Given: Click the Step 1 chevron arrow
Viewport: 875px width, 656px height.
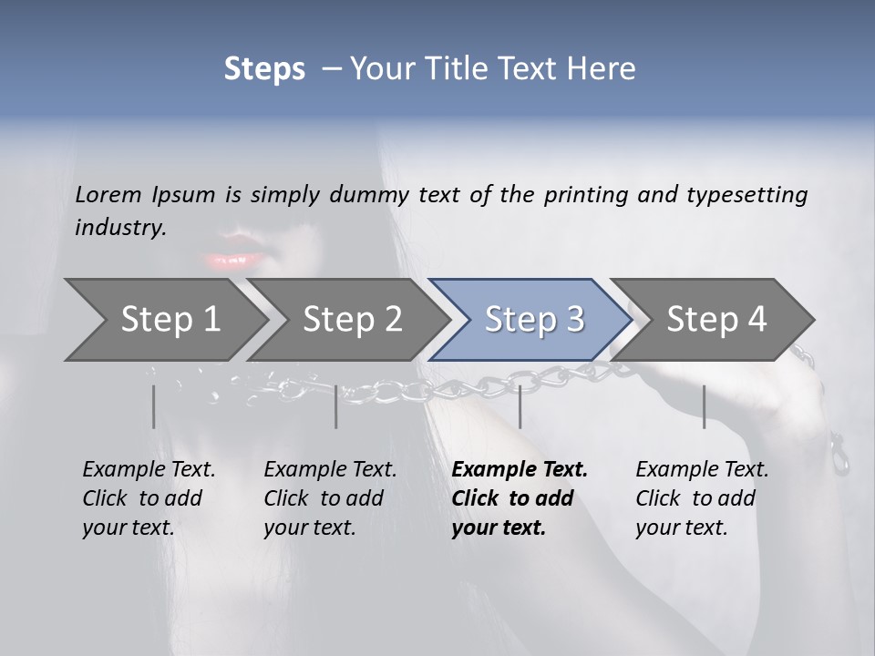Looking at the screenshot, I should (164, 320).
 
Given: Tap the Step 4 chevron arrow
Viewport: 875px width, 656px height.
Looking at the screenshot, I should (715, 320).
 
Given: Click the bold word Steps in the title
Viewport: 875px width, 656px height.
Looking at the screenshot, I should (264, 68).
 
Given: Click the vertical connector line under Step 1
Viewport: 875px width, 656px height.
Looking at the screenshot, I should (153, 406).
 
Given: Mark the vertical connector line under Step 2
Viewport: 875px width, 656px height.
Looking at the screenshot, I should (336, 406).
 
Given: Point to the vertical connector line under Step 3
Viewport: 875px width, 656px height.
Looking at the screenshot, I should (520, 406).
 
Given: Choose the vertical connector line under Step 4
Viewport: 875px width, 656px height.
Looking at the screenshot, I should (704, 406).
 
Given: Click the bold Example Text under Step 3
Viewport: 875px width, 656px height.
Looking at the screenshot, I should (520, 470).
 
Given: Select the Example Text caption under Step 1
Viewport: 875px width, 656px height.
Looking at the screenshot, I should (149, 470).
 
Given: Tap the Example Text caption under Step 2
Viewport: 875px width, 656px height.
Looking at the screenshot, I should (330, 470).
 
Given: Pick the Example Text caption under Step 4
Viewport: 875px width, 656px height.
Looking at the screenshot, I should (702, 470).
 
